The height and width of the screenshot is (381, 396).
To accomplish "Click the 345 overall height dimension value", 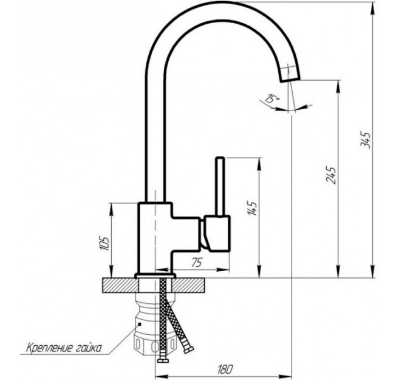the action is pos(366,140).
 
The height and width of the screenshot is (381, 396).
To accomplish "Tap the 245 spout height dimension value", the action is pos(331,175).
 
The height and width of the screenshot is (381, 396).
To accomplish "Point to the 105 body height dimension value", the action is pos(104,243).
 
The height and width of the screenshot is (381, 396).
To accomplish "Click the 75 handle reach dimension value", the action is pos(197,263).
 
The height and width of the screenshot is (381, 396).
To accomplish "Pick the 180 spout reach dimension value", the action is pos(225,369).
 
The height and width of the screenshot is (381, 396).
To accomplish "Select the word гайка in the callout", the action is pos(89,348).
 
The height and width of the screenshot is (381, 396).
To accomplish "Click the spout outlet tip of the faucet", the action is pos(290,79).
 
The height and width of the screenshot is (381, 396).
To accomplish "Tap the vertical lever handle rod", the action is pos(220,186).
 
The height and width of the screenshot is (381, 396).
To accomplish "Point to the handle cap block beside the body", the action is pos(217,234).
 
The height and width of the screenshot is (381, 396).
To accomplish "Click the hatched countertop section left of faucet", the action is pos(120,285).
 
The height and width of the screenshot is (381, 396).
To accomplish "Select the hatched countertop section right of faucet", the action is pos(188,285).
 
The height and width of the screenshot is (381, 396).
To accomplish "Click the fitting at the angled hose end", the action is pos(189,350).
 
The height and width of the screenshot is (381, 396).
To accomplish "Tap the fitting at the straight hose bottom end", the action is pos(163,360).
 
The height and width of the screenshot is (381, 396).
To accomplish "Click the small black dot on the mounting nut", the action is pos(140,324).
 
